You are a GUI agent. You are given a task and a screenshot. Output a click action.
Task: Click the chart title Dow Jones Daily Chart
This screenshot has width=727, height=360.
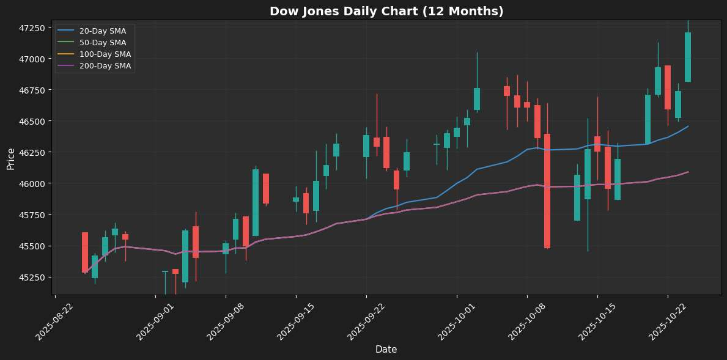[386, 11]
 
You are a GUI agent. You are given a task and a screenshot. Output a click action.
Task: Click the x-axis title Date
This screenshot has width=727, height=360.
[386, 349]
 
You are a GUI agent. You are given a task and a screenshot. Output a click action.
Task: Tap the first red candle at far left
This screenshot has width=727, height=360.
[85, 252]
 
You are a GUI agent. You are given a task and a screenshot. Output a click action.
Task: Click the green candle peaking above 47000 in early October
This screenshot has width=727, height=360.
[477, 98]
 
